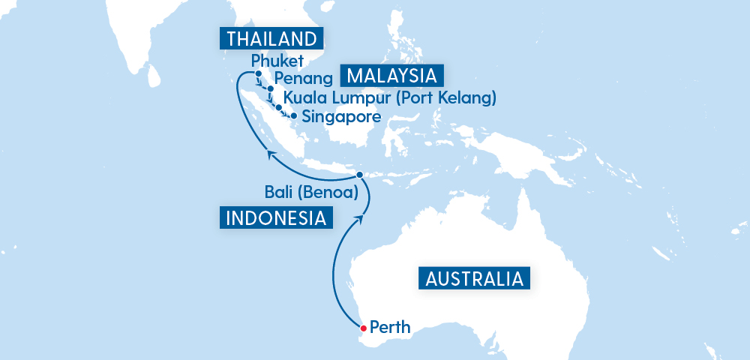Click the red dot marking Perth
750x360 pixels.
(363, 328)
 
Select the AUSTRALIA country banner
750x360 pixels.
(473, 279)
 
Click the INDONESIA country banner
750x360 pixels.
(276, 218)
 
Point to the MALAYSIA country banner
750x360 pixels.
(392, 76)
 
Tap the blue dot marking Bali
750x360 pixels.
(360, 175)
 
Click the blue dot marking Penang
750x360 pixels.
(270, 89)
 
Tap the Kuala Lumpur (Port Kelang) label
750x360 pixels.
(390, 97)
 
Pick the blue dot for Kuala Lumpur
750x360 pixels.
(279, 108)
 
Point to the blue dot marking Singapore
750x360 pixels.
(293, 116)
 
